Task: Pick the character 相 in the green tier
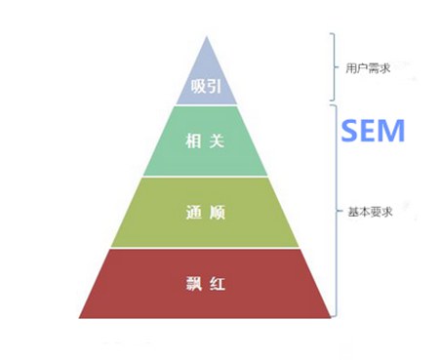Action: click(x=192, y=142)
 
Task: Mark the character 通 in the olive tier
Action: click(x=192, y=213)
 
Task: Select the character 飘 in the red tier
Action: click(x=192, y=284)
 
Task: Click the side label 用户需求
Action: click(x=366, y=70)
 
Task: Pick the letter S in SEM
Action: click(x=348, y=132)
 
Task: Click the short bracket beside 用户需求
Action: click(x=335, y=68)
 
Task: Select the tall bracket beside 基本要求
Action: click(x=335, y=211)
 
